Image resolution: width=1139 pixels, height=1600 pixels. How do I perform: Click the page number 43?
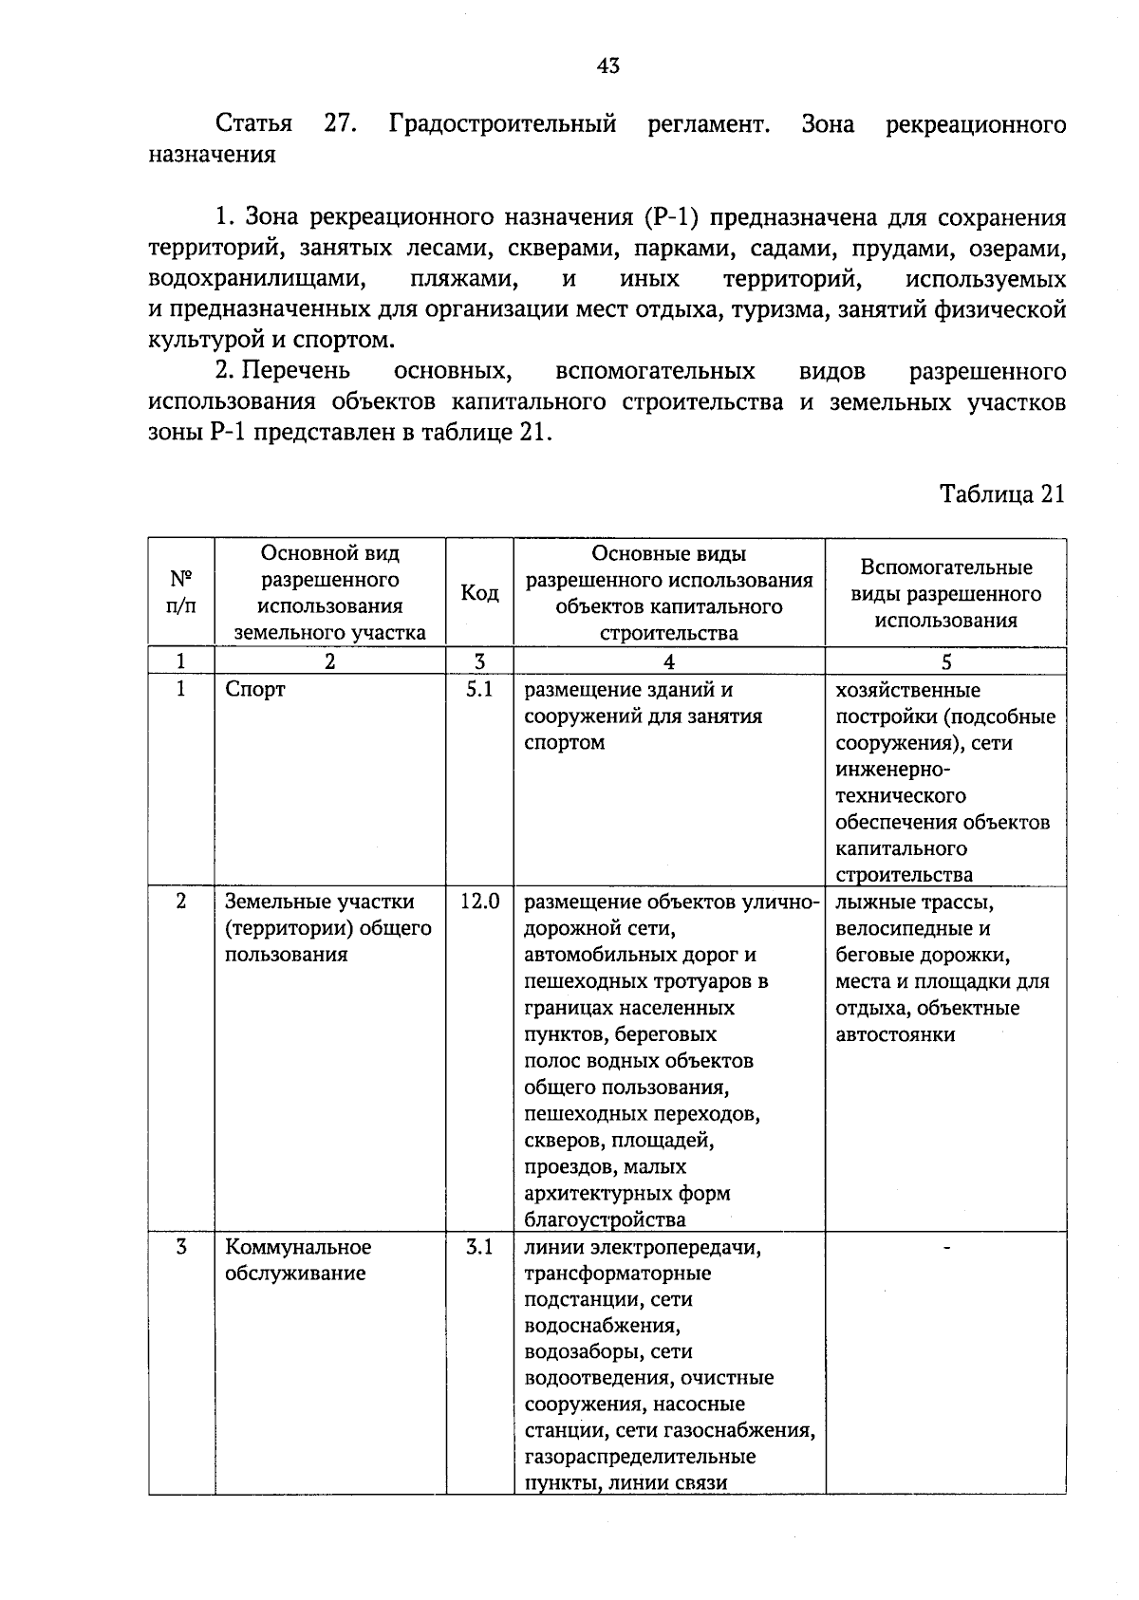tap(608, 65)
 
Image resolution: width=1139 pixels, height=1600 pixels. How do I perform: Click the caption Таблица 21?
tap(1002, 493)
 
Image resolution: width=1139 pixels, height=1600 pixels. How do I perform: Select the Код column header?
tap(479, 593)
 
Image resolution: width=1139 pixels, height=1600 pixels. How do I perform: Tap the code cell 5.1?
tap(479, 690)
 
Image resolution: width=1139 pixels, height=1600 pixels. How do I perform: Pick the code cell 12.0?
tap(479, 902)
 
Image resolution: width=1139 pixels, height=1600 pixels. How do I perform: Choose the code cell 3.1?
tap(479, 1247)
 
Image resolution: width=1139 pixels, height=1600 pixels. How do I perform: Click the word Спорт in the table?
tap(255, 690)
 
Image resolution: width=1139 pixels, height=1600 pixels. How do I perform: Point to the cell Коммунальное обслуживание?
tap(297, 1260)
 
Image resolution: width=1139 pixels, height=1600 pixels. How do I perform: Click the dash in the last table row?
tap(945, 1247)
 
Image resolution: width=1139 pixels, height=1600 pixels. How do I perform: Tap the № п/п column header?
tap(181, 593)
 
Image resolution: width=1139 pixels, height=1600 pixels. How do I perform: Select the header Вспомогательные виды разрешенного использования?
tap(945, 593)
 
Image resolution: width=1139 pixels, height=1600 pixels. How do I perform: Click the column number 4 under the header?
tap(669, 662)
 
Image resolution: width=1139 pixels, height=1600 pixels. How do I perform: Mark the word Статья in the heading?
tap(253, 124)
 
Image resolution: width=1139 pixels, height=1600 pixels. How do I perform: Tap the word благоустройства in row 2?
tap(605, 1219)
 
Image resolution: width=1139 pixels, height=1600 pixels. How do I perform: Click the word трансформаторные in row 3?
tap(618, 1273)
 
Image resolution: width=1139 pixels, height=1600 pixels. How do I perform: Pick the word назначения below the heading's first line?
tap(212, 155)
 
